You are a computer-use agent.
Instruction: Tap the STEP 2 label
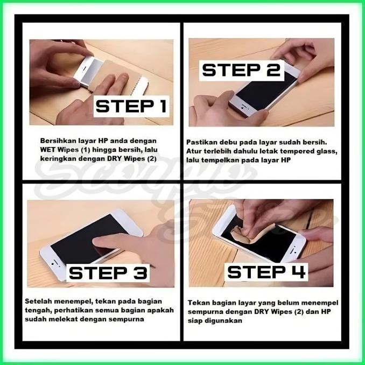click(x=241, y=69)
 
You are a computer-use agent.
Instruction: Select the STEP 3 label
click(x=108, y=273)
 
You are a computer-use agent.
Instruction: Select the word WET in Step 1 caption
click(x=50, y=149)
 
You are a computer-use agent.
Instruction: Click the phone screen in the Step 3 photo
click(x=81, y=237)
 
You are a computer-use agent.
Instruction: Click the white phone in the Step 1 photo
click(x=86, y=70)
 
